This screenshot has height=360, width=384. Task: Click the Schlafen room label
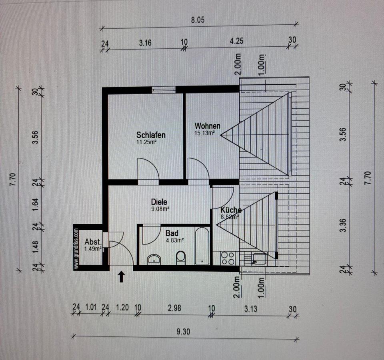point(151,135)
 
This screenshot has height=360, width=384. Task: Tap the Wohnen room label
point(208,126)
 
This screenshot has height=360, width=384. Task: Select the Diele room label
point(159,202)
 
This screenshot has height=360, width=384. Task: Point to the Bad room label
point(172,233)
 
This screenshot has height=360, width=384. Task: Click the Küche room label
point(231,210)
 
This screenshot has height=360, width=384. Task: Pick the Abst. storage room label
point(93,242)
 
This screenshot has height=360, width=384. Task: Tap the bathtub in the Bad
point(202,246)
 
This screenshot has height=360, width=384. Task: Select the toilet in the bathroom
point(181,258)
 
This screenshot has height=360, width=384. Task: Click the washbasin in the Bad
point(154,259)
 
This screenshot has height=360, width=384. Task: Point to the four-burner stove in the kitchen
point(228,258)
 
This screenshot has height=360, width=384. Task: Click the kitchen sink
point(259,259)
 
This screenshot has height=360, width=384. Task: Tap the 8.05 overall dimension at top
point(198,20)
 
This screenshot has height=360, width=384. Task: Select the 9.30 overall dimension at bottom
point(183,332)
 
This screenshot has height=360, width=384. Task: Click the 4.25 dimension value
point(236,41)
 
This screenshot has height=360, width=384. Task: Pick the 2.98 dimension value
point(175,308)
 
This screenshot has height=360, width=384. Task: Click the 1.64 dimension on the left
point(36,205)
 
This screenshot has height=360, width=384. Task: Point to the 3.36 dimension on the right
point(344,225)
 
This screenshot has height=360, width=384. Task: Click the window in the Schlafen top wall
point(164,90)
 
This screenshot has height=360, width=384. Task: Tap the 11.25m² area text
point(146,142)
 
